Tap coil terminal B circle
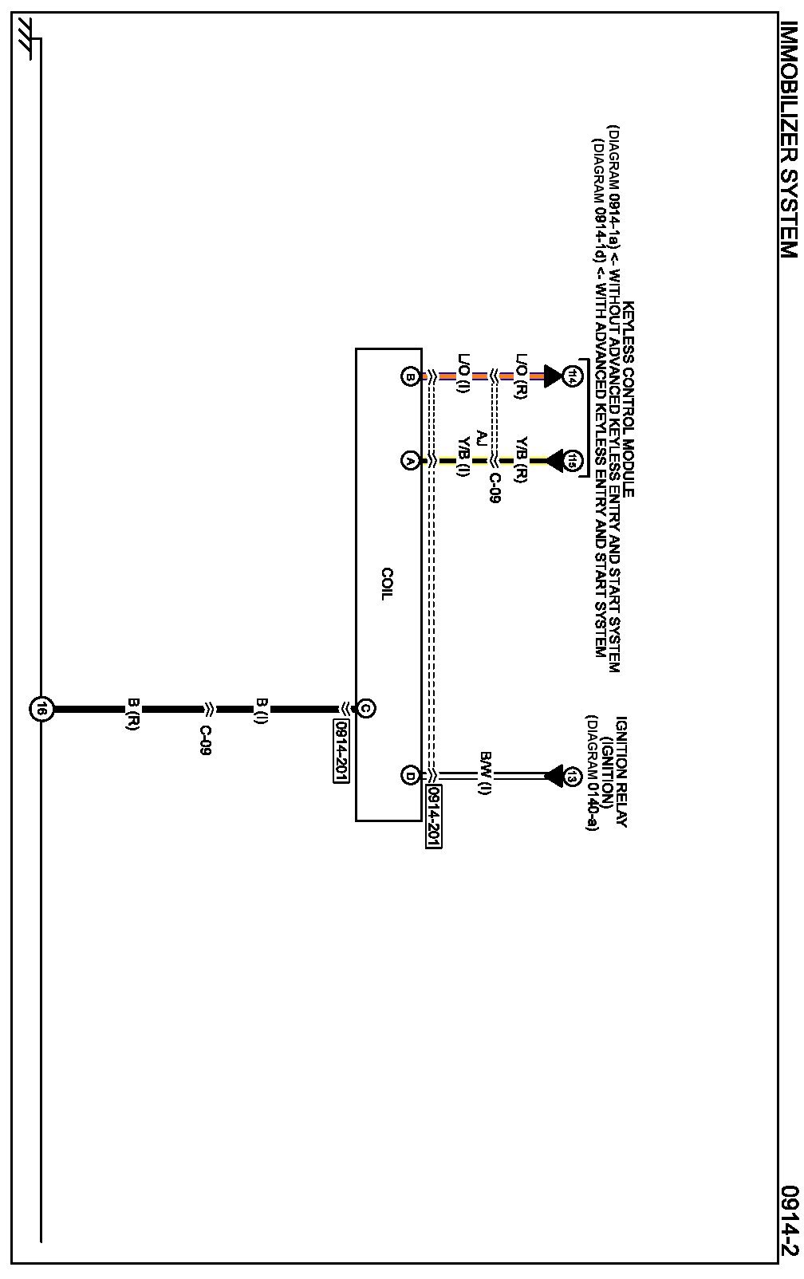tap(410, 376)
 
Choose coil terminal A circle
tap(410, 461)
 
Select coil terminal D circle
tap(410, 775)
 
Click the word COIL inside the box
tap(387, 584)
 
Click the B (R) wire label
tap(132, 714)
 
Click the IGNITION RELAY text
tap(621, 770)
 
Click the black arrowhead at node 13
tap(553, 775)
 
